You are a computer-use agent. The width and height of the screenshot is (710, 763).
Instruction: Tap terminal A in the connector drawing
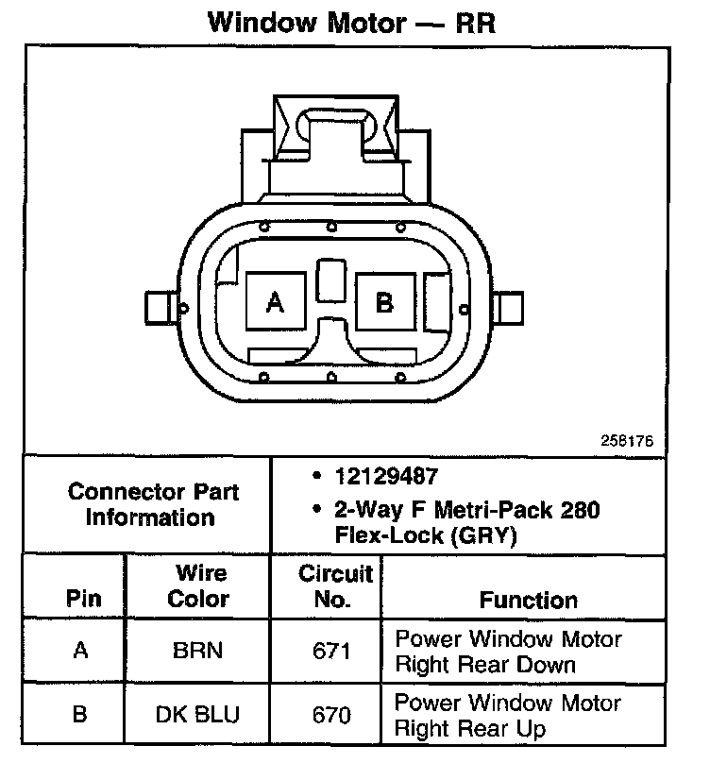[x=275, y=302]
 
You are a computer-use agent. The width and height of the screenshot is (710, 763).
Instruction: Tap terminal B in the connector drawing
[x=385, y=302]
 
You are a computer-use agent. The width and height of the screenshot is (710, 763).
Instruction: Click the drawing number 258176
[x=626, y=441]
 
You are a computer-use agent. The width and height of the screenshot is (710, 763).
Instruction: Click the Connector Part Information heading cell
[x=153, y=504]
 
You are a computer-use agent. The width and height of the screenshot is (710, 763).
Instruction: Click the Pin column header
[x=84, y=599]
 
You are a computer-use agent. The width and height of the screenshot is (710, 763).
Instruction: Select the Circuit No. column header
[x=336, y=585]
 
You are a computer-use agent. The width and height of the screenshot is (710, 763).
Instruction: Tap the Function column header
[x=529, y=599]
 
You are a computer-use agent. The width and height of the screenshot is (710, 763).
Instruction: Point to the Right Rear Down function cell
[x=508, y=651]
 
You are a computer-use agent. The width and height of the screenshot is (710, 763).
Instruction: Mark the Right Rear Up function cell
[x=508, y=715]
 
